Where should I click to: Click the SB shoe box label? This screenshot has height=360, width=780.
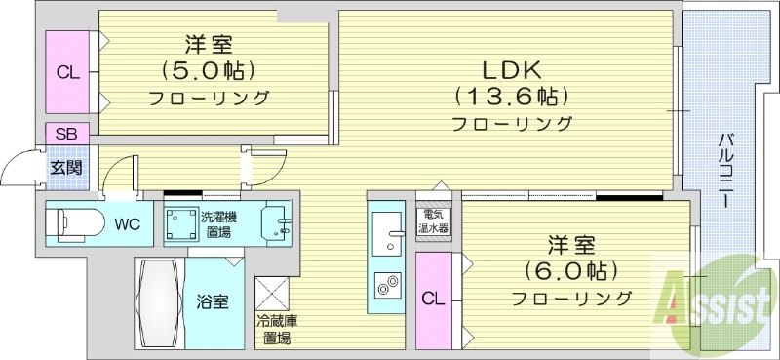67,134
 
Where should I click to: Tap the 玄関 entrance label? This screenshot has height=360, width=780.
66,166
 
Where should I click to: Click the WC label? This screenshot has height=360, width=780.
128,223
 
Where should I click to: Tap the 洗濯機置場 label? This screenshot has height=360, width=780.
217,224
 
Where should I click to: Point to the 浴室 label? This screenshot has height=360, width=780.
214,300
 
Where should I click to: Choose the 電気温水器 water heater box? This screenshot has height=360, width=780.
433,221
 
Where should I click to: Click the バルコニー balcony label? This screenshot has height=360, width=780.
726,166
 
